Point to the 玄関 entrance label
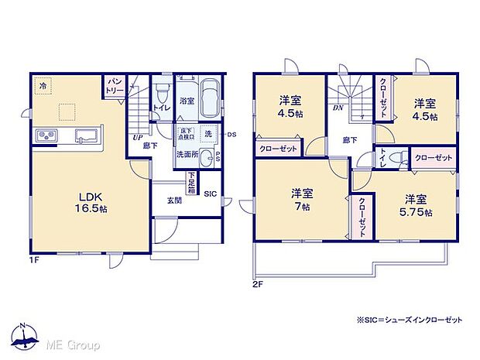click(x=174, y=200)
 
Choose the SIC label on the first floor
click(x=210, y=194)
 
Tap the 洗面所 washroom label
click(x=187, y=153)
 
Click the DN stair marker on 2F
click(x=338, y=109)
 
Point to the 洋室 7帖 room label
click(x=301, y=198)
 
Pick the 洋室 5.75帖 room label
click(x=417, y=204)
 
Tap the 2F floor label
click(x=257, y=284)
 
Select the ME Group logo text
click(x=70, y=344)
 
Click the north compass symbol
click(x=25, y=338)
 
